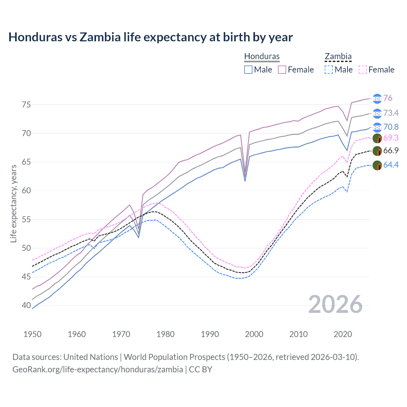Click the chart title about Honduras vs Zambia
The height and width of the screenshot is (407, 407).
(x=150, y=37)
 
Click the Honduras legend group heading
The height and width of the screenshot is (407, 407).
(x=262, y=56)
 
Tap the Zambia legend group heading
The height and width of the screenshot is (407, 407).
(x=338, y=56)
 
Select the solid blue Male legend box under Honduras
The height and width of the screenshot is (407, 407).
(x=248, y=70)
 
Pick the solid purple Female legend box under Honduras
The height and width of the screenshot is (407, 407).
(x=282, y=70)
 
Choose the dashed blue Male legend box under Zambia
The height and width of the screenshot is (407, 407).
(x=329, y=70)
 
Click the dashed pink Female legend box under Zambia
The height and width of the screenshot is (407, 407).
(x=363, y=70)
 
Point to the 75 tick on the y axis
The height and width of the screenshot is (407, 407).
(x=26, y=105)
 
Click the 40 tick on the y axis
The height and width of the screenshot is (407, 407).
(x=26, y=305)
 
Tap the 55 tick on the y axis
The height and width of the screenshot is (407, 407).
(x=26, y=219)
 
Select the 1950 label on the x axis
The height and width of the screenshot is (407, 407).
(x=32, y=334)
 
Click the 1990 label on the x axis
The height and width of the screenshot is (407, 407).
(x=210, y=334)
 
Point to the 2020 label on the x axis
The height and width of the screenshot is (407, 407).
(x=343, y=334)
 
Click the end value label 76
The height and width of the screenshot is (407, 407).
(x=388, y=98)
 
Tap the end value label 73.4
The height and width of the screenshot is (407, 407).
(x=391, y=113)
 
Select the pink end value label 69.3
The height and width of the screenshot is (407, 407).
(x=391, y=138)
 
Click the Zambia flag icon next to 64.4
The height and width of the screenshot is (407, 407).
(x=377, y=165)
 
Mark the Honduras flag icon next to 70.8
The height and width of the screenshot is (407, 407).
(x=377, y=127)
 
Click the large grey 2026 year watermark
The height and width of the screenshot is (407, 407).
(x=335, y=304)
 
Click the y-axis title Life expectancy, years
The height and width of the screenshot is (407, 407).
(x=14, y=203)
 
